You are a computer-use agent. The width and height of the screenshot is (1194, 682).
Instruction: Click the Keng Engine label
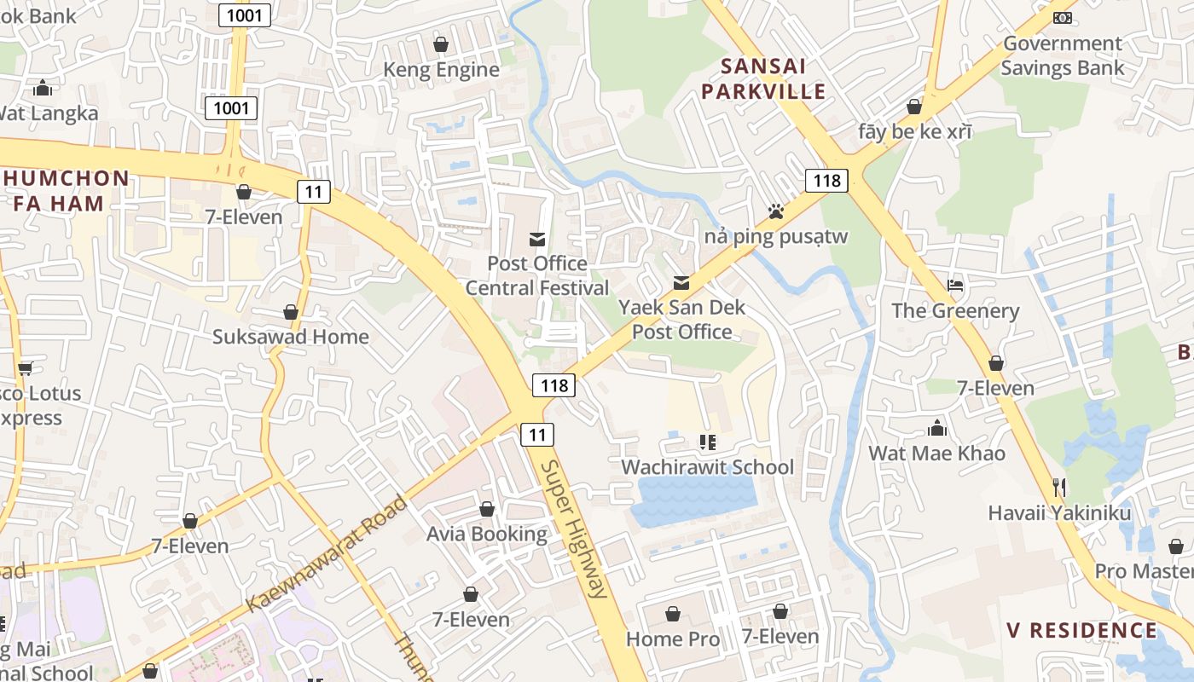(x=441, y=70)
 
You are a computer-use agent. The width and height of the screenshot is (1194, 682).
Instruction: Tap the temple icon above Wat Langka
(x=42, y=88)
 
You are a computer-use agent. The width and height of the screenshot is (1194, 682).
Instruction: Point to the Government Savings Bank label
(x=1062, y=55)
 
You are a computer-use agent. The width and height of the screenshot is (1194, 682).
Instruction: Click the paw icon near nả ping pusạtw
(x=775, y=211)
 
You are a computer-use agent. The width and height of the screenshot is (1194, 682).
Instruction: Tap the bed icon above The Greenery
(x=955, y=286)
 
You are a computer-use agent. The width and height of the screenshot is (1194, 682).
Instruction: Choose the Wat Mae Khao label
(x=936, y=453)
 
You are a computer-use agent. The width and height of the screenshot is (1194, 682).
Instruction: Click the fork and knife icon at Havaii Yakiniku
(x=1059, y=488)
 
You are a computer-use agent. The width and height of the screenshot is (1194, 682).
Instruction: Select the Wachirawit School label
(x=707, y=467)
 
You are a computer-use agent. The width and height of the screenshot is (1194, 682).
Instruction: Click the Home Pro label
(x=673, y=639)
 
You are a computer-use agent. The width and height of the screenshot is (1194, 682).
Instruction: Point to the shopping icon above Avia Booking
(x=487, y=509)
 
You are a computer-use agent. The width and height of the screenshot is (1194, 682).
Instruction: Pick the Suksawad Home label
(x=290, y=337)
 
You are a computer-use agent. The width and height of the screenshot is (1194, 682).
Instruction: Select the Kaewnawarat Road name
(x=327, y=554)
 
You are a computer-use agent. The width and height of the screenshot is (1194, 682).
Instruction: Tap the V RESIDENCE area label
(x=1081, y=631)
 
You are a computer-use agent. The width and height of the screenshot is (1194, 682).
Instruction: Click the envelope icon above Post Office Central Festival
(x=537, y=240)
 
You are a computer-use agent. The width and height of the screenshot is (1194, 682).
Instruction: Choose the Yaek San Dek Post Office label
(x=681, y=320)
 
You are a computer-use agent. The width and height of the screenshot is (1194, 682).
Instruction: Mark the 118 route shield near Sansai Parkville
(x=826, y=181)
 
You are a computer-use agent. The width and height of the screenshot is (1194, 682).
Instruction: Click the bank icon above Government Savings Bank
(x=1062, y=17)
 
